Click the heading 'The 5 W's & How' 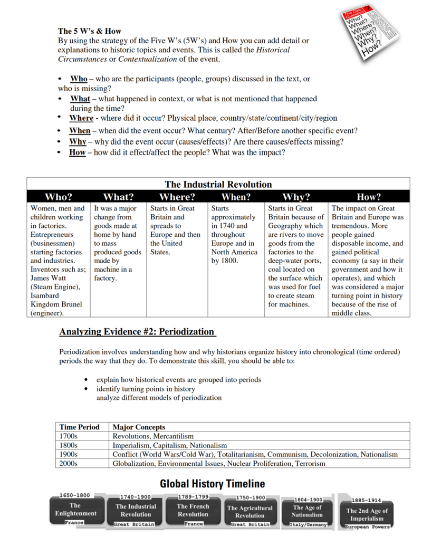(x=90, y=31)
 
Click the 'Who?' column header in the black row (x=59, y=197)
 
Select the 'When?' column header (x=236, y=197)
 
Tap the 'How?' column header (x=369, y=197)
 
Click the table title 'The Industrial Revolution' (x=218, y=184)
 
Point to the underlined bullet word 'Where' (x=81, y=118)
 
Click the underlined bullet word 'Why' (x=78, y=141)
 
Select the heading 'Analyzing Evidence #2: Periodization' (x=137, y=332)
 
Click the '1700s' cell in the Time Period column (x=69, y=436)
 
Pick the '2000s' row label (x=69, y=463)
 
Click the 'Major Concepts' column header (x=139, y=427)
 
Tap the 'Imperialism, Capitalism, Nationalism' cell (x=169, y=445)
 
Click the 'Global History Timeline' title (x=213, y=484)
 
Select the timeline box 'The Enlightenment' (x=76, y=509)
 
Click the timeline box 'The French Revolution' (x=193, y=510)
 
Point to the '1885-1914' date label (x=366, y=500)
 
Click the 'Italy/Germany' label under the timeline (x=309, y=524)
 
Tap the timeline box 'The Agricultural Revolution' (x=250, y=512)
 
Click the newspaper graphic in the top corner (x=370, y=33)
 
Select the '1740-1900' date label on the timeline (x=135, y=497)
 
